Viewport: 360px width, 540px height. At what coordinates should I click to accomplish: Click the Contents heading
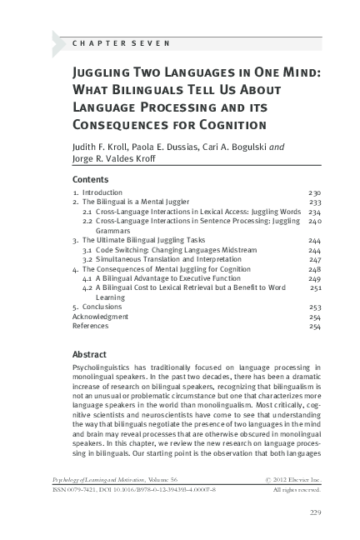click(x=91, y=179)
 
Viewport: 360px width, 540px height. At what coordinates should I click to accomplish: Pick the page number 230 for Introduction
click(x=315, y=192)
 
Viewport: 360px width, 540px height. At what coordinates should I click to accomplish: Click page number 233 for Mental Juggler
click(x=315, y=202)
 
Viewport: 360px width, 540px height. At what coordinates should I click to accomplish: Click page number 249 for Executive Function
click(x=315, y=278)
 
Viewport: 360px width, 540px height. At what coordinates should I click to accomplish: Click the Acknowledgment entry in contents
click(x=100, y=317)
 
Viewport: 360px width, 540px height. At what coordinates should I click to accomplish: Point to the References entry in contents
click(x=91, y=326)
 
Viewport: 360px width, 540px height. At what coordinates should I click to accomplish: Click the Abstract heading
click(x=89, y=353)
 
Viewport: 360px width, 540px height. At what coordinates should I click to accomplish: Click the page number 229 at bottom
click(x=316, y=511)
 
